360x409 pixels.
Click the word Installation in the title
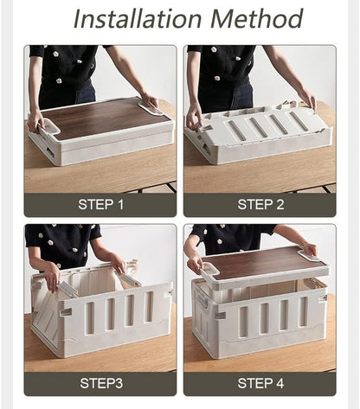[x=138, y=19]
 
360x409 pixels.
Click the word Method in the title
[x=256, y=19]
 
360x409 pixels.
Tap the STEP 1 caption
[x=100, y=204]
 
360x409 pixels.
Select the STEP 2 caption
[x=260, y=204]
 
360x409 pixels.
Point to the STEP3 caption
[x=101, y=383]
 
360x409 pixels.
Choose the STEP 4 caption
[x=260, y=383]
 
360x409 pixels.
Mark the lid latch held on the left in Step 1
[x=49, y=128]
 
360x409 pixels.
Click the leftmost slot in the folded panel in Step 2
[x=236, y=130]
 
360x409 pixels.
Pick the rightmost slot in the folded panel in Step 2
[x=298, y=119]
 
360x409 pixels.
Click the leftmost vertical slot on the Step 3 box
[x=90, y=318]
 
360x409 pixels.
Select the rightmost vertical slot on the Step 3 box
[x=149, y=307]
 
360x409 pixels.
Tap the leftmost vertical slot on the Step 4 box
[x=244, y=322]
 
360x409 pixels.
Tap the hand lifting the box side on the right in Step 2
[x=308, y=98]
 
